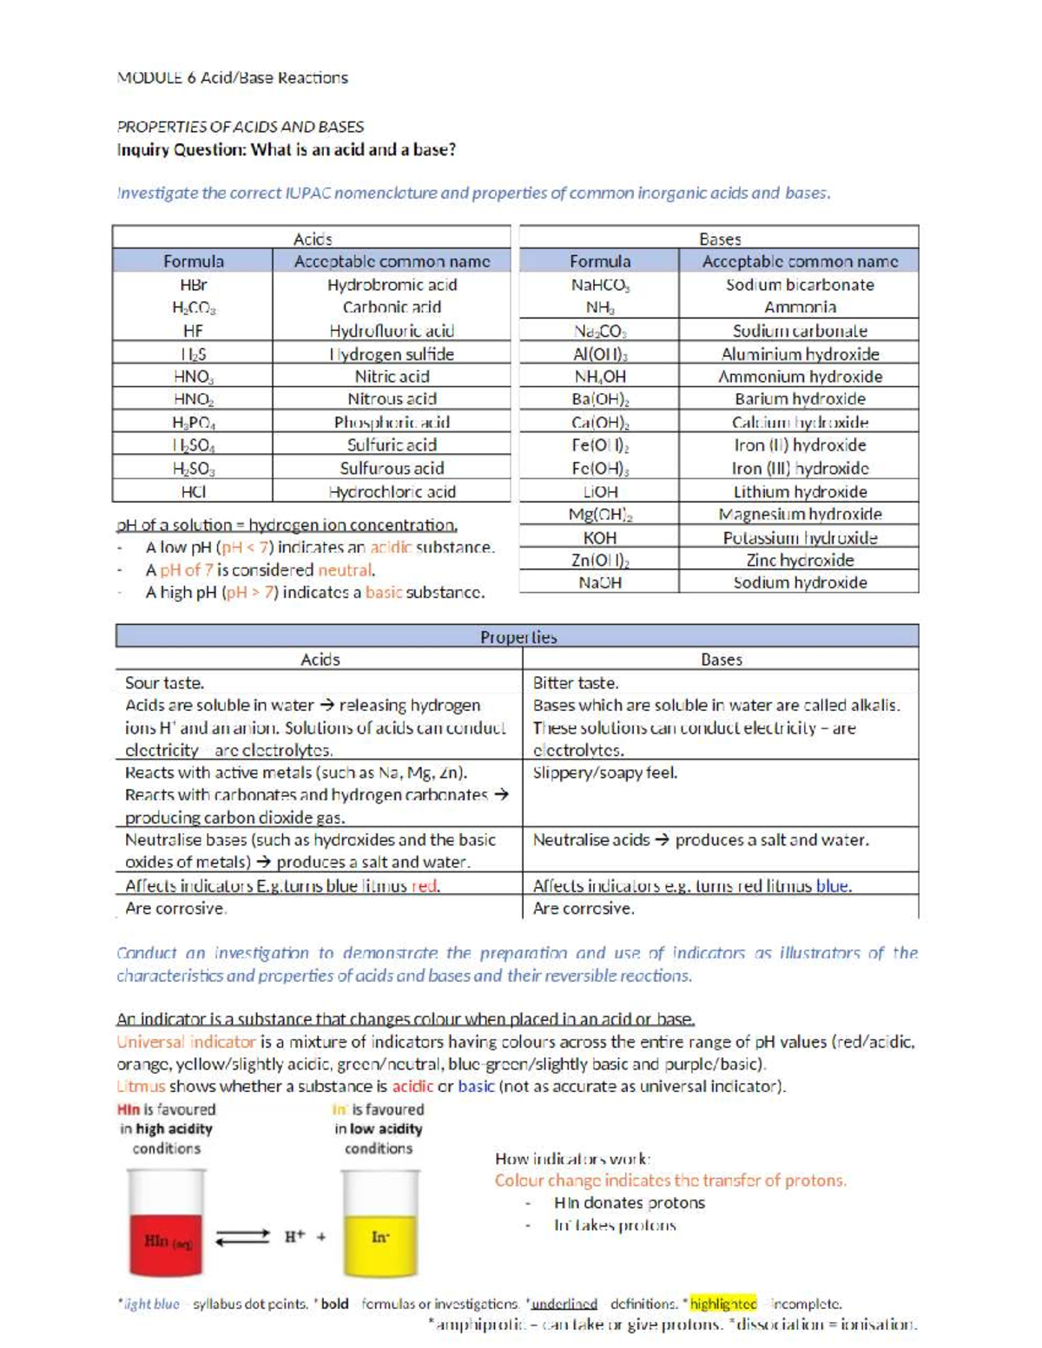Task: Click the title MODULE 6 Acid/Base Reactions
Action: pyautogui.click(x=232, y=78)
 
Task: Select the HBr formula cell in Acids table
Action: pyautogui.click(x=193, y=285)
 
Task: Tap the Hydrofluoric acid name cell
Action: pyautogui.click(x=392, y=331)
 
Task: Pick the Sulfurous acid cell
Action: pyautogui.click(x=392, y=468)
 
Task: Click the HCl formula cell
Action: pyautogui.click(x=193, y=491)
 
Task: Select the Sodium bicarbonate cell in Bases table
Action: pyautogui.click(x=799, y=285)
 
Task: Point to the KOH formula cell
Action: pyautogui.click(x=599, y=538)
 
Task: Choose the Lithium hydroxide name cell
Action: pyautogui.click(x=799, y=492)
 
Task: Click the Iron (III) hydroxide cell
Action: pyautogui.click(x=799, y=468)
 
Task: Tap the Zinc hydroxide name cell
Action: pyautogui.click(x=799, y=561)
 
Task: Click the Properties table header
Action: pyautogui.click(x=518, y=637)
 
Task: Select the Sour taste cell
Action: pyautogui.click(x=165, y=683)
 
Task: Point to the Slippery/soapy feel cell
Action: pyautogui.click(x=604, y=773)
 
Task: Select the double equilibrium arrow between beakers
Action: pyautogui.click(x=242, y=1237)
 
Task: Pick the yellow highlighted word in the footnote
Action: pyautogui.click(x=722, y=1304)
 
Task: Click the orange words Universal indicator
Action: pyautogui.click(x=186, y=1042)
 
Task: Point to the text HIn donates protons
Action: pyautogui.click(x=629, y=1203)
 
